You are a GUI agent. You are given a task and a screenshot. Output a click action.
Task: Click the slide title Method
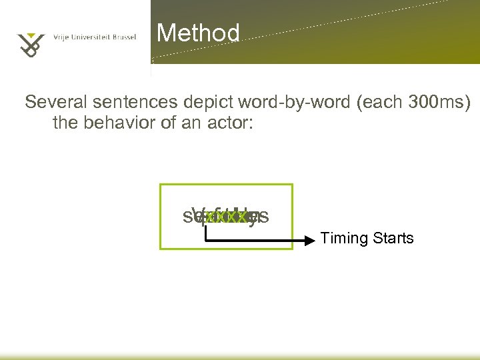(198, 33)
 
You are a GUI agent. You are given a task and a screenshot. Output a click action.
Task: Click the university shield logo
(30, 42)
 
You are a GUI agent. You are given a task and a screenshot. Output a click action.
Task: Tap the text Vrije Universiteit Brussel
(94, 37)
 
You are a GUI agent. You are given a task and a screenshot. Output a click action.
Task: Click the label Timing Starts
(367, 238)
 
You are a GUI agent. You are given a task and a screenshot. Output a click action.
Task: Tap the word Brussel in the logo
(124, 37)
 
